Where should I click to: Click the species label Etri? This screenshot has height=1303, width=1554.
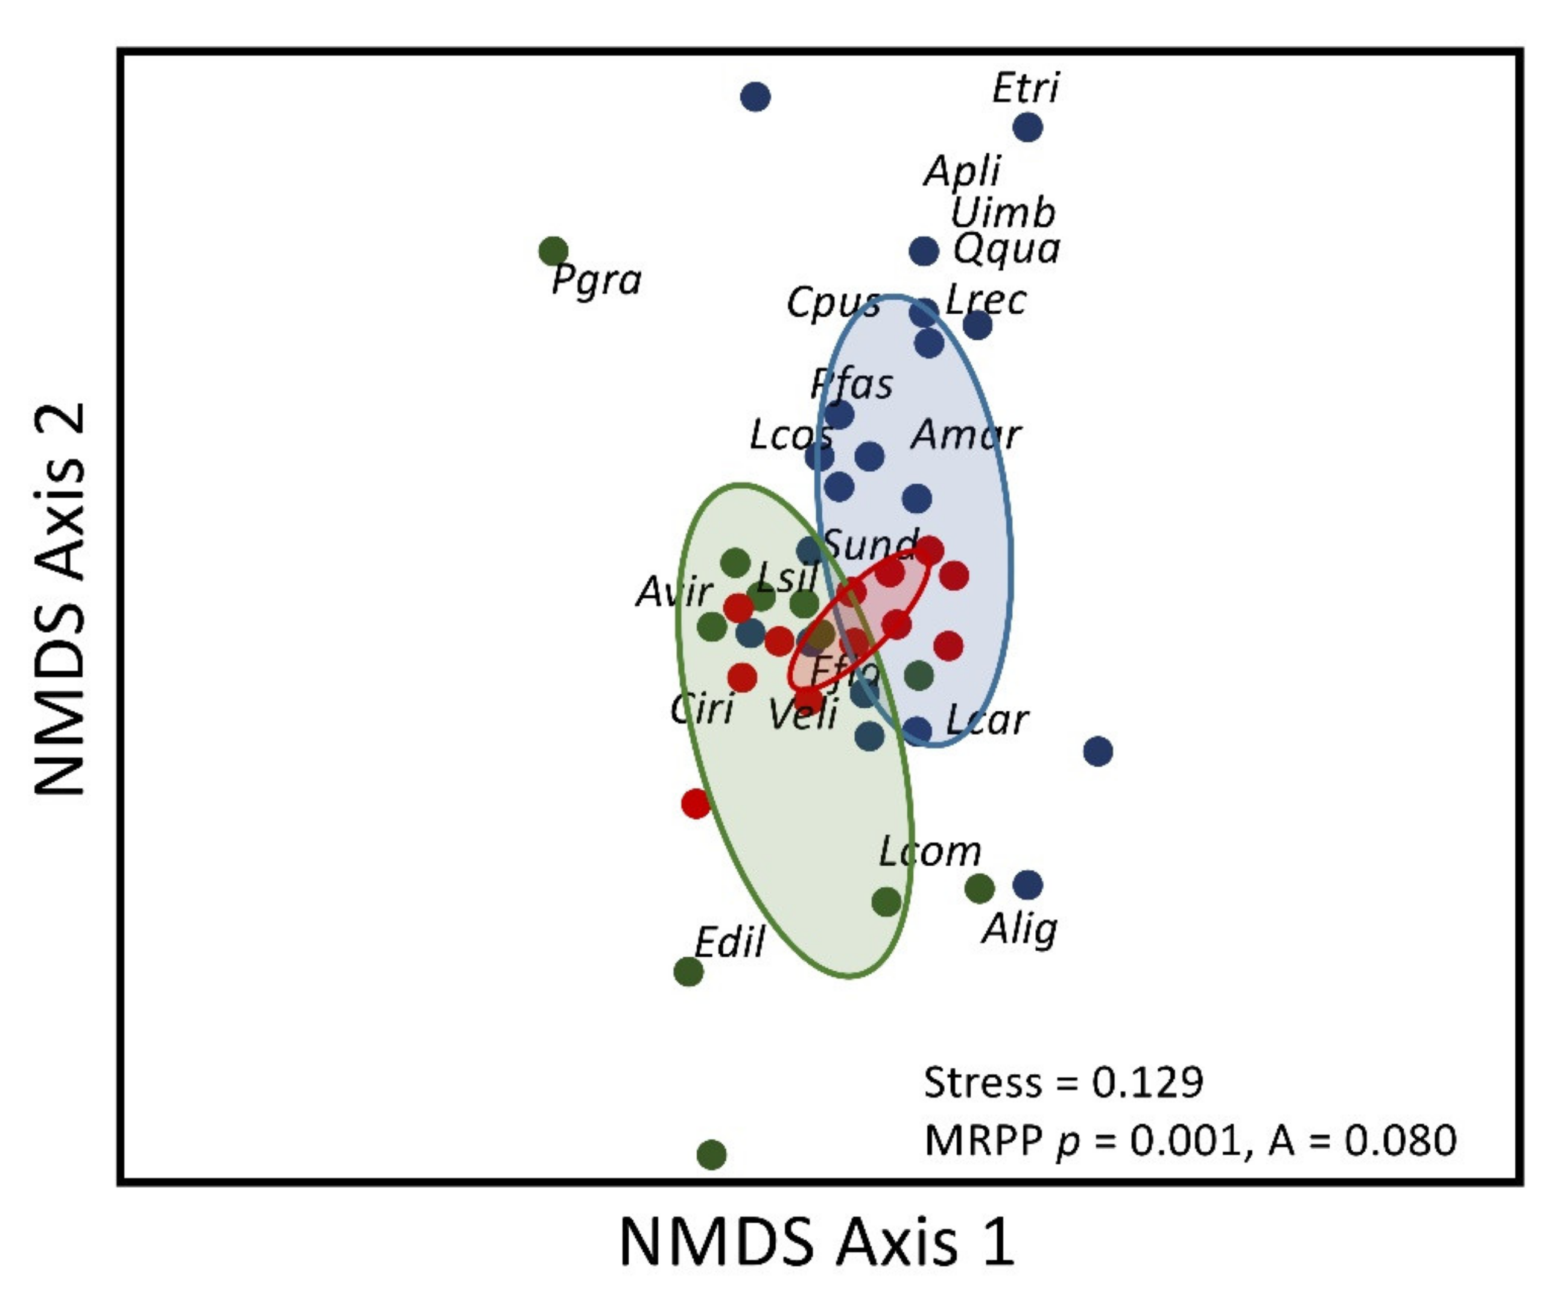point(1025,88)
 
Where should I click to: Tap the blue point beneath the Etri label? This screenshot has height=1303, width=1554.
point(1027,127)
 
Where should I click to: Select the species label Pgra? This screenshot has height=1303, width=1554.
point(597,281)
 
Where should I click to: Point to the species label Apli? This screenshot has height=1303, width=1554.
point(962,172)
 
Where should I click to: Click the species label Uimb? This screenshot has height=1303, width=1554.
point(1003,213)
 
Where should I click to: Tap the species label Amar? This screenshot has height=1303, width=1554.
point(966,434)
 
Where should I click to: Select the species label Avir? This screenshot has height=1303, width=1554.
point(673,591)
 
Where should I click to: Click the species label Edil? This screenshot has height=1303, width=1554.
point(729,943)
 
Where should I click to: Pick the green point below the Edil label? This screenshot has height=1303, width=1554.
point(688,971)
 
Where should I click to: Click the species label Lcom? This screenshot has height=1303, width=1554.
point(930,852)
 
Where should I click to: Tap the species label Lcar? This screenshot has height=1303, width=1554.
point(987,719)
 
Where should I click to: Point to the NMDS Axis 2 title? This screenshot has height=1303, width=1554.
point(59,600)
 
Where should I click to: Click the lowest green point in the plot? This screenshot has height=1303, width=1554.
point(712,1153)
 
